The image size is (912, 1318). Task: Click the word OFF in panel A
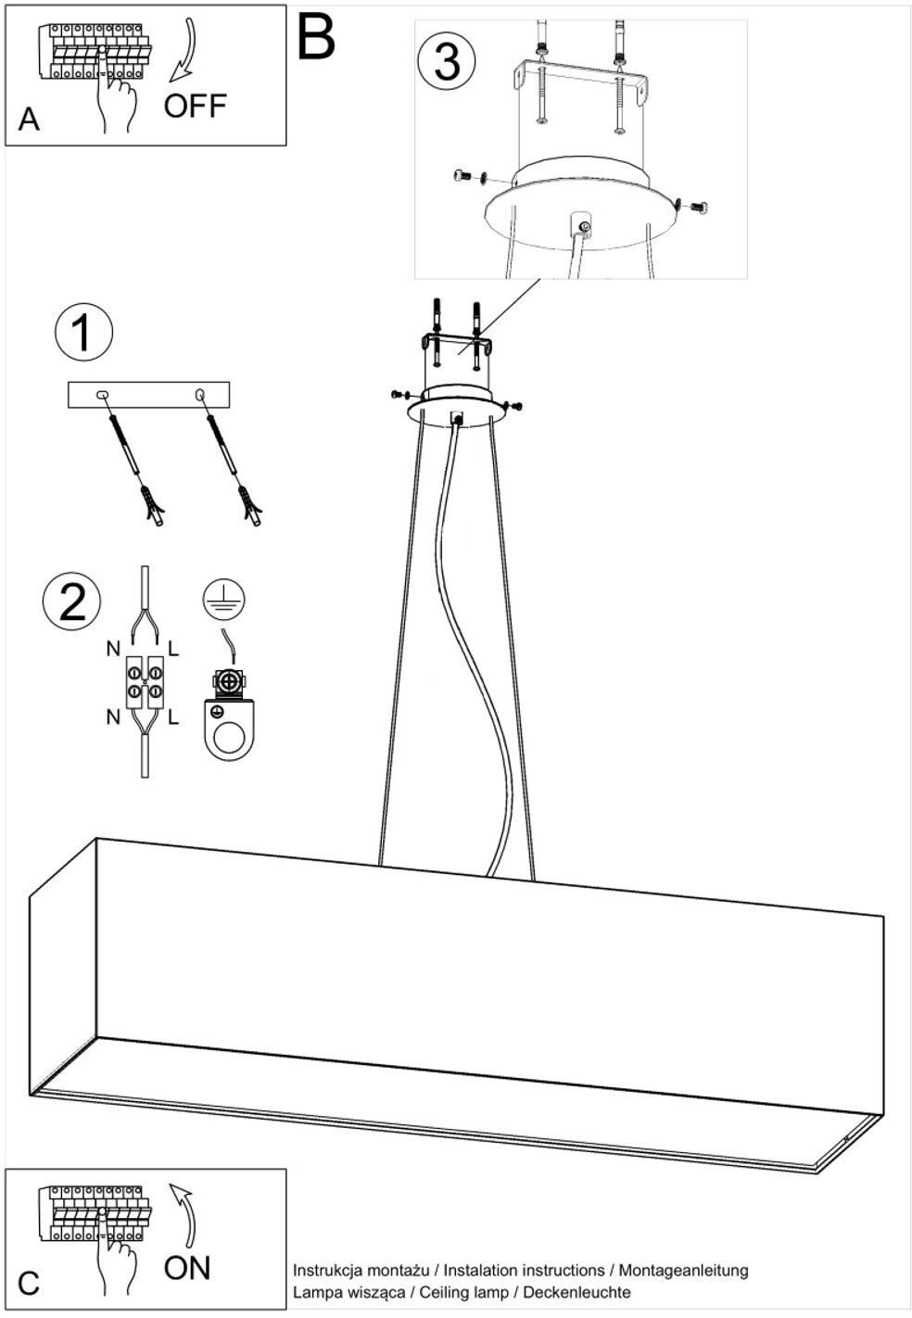coord(195,106)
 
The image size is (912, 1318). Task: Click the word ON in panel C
coord(187,1268)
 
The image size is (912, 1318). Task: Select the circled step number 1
coord(83,333)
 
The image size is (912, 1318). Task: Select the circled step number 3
coord(446,62)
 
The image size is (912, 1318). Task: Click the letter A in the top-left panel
coord(29,120)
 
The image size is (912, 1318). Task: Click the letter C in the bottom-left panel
coord(29,1283)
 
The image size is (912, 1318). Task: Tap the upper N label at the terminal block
coord(113,649)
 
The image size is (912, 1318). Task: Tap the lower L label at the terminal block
coord(173,717)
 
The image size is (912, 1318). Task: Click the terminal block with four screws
coord(145,681)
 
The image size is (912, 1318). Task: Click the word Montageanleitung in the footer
coord(684,1271)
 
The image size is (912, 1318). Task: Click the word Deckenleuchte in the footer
coord(576,1292)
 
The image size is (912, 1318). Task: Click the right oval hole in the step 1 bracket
coord(200,393)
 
